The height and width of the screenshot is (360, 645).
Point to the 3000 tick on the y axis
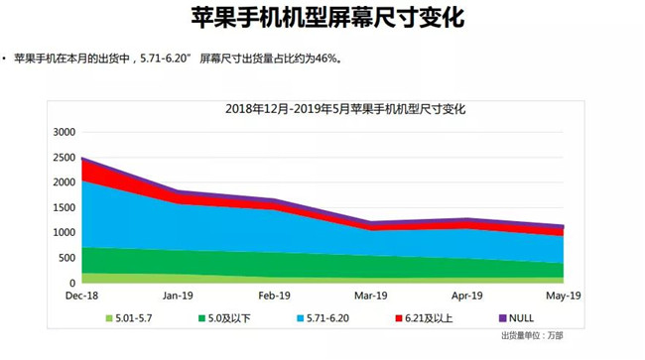64,132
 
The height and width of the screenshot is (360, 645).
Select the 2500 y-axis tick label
64,158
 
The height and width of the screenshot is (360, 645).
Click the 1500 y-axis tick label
64,208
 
